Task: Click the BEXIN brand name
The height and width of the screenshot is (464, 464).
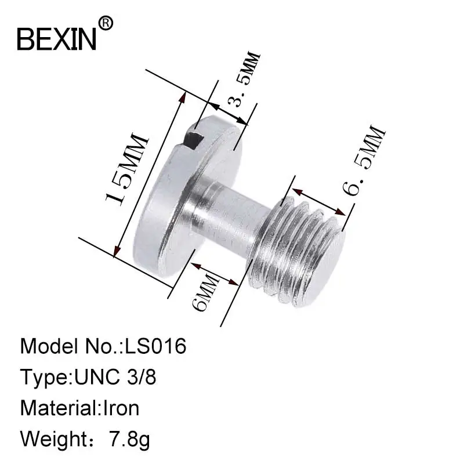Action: pos(57,39)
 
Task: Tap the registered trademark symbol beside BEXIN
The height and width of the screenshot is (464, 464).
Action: pos(106,23)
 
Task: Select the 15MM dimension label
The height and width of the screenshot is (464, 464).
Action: pos(126,169)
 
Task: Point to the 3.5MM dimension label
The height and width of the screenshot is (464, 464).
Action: pos(244,79)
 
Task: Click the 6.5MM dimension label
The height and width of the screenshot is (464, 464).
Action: pos(364,161)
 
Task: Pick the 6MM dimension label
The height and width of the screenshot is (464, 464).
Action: pos(206,291)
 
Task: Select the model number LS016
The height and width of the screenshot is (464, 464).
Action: pos(155,346)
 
